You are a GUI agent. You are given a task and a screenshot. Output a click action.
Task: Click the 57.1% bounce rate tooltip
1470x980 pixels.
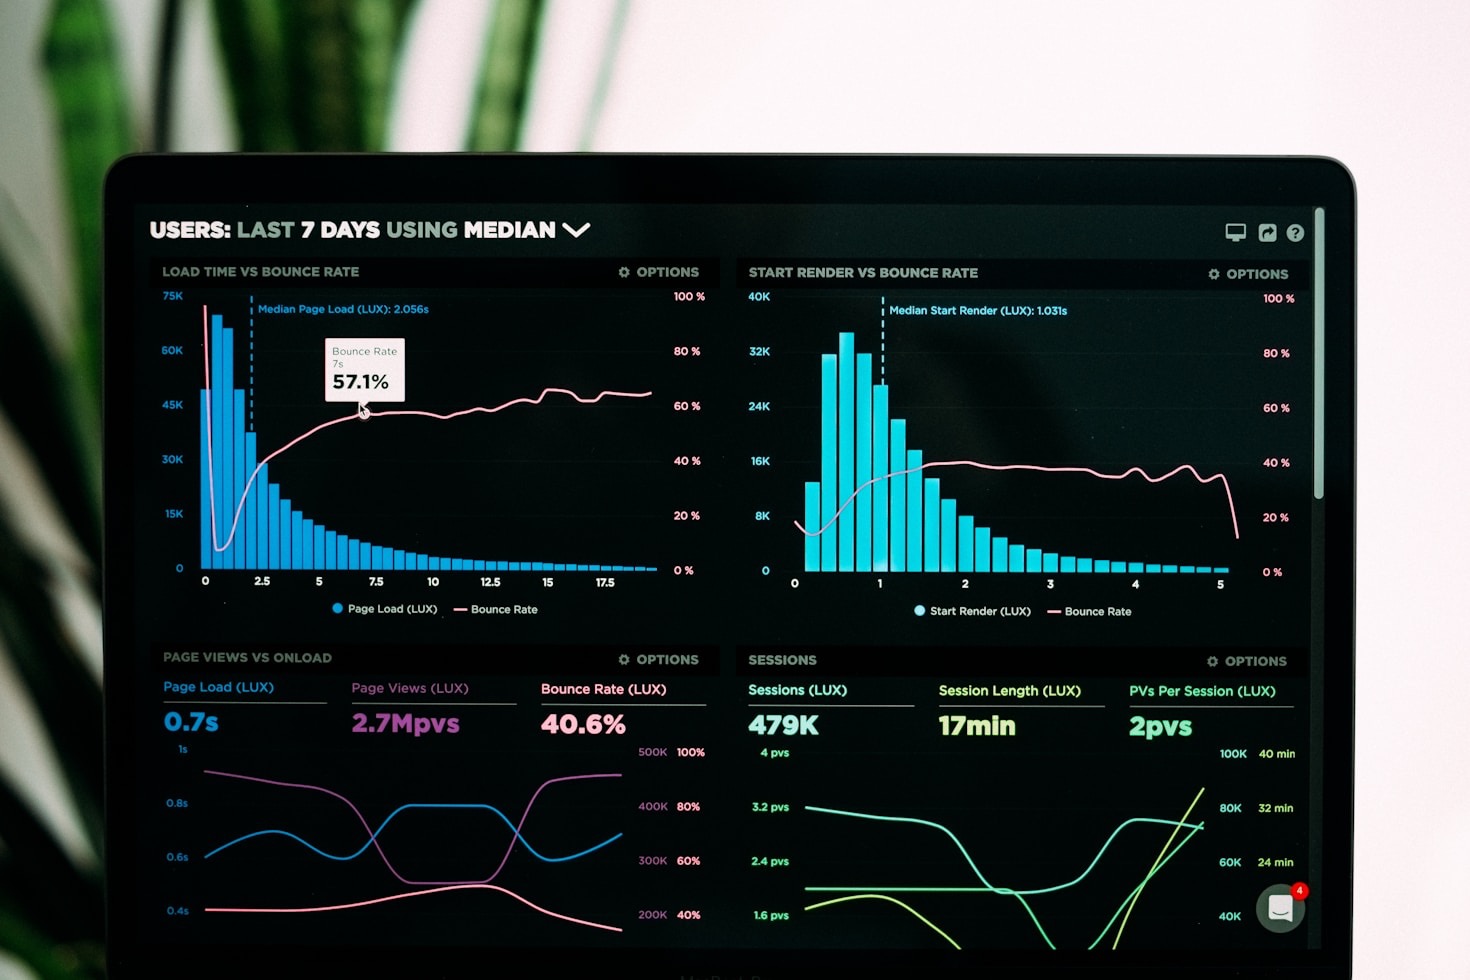(x=364, y=370)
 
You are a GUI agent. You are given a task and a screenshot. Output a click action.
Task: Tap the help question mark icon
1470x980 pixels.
(x=1295, y=233)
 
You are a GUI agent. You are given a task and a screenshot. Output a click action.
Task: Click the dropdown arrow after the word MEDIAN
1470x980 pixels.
(x=576, y=230)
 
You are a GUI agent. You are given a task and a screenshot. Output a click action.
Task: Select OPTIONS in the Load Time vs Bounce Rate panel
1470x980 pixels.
(x=659, y=272)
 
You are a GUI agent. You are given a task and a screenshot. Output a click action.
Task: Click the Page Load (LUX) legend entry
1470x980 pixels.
(x=385, y=609)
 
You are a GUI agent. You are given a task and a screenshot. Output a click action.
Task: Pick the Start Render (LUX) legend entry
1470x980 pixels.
(x=972, y=611)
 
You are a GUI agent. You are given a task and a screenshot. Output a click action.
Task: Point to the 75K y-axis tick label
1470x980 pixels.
(x=173, y=296)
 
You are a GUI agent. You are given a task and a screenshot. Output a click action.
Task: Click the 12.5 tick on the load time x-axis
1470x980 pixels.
(x=490, y=582)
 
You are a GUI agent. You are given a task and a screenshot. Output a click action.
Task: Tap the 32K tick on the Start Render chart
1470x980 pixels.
(x=759, y=352)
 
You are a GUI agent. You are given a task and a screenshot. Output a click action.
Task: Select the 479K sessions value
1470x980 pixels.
(x=783, y=726)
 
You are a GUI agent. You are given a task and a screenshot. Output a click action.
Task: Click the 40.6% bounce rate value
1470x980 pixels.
(x=583, y=724)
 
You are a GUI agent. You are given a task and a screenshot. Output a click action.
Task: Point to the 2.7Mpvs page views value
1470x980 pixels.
(x=405, y=723)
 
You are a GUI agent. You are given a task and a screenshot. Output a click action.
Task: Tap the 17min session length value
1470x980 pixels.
(x=977, y=726)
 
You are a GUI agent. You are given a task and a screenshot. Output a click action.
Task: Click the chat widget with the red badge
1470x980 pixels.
(x=1281, y=908)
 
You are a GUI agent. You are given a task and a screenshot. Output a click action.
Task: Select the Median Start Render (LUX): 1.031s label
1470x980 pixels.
(x=978, y=311)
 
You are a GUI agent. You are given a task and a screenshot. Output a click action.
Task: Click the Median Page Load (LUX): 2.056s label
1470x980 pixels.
(x=343, y=309)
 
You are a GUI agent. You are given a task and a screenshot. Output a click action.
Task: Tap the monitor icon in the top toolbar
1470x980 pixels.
(x=1236, y=233)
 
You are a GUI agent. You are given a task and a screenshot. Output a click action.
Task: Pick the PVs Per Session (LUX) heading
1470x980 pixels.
(x=1202, y=691)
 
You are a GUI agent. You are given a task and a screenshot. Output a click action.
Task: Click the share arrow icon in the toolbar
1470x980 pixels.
(x=1267, y=233)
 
